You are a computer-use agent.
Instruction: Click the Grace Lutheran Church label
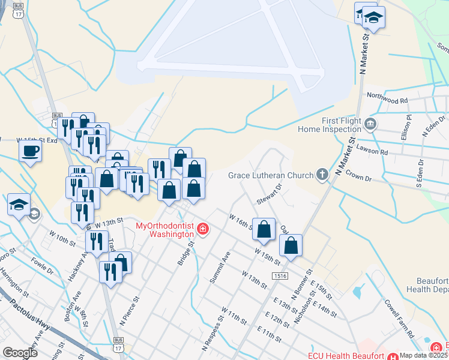point(271,175)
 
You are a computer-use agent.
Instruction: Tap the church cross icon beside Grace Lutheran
point(322,175)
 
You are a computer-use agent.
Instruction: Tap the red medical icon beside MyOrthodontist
point(203,229)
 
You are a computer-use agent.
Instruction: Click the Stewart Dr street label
point(270,193)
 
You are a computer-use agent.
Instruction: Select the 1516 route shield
point(278,276)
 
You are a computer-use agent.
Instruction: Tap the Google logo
point(20,353)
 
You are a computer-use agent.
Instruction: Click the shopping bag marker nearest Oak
point(291,245)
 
